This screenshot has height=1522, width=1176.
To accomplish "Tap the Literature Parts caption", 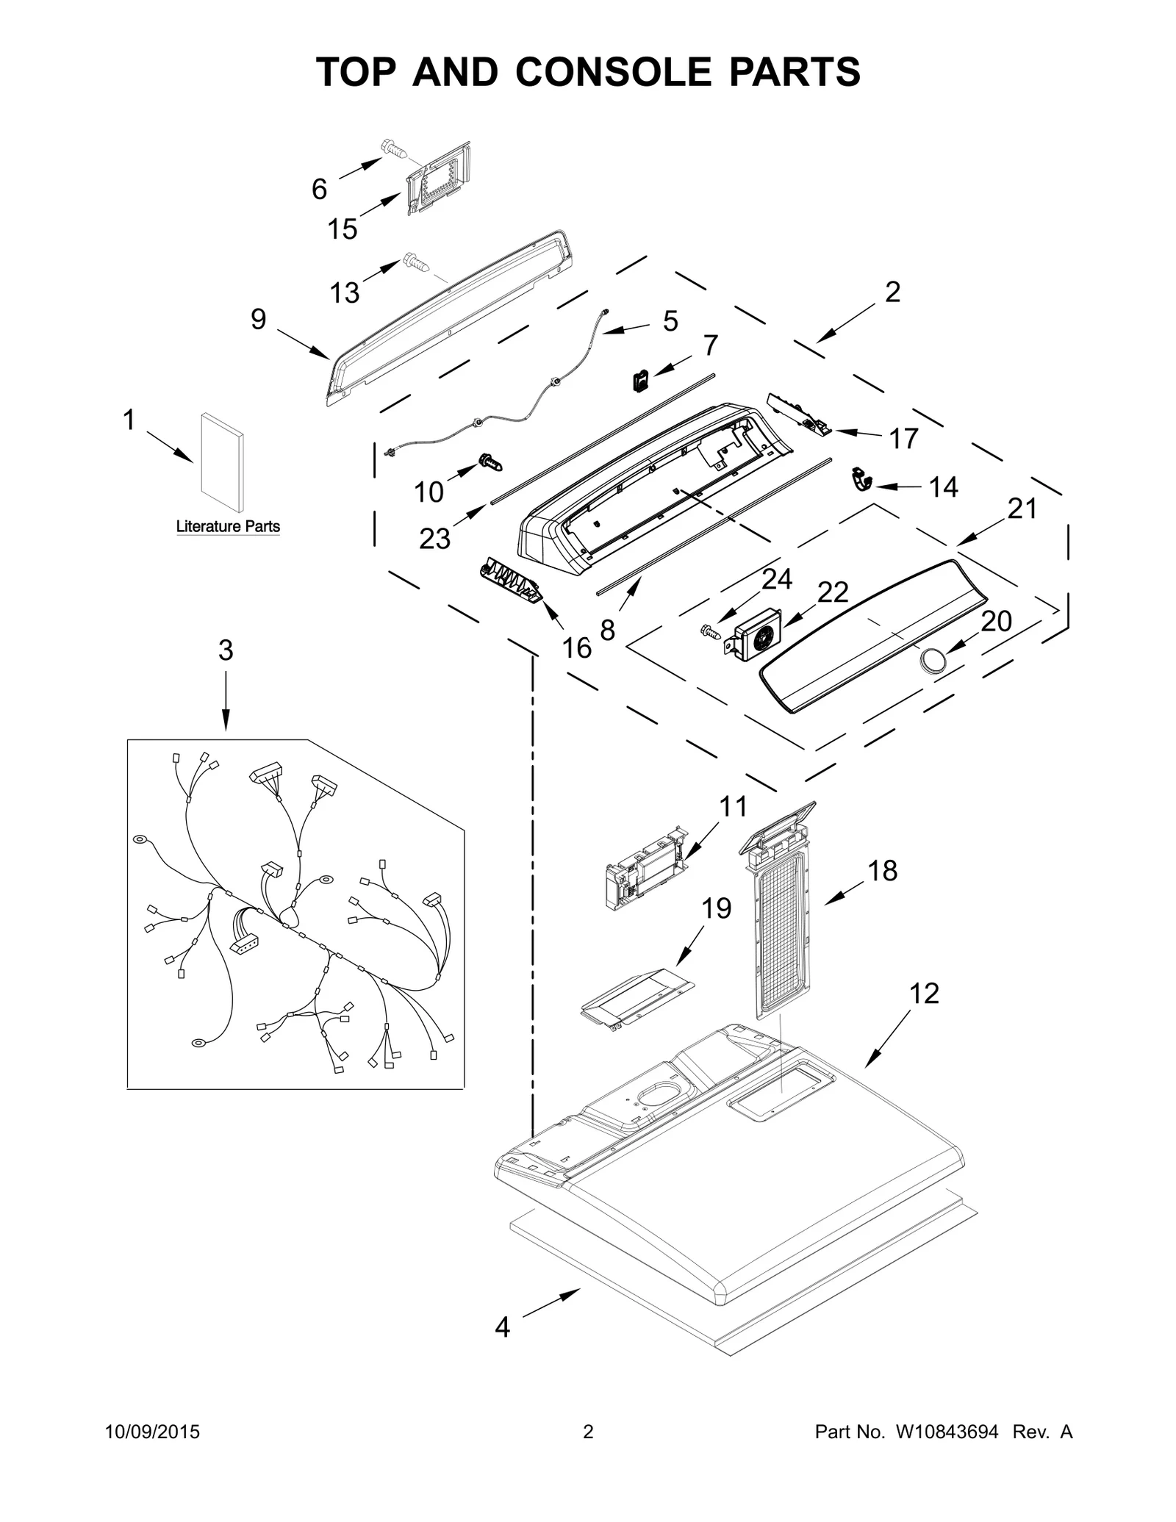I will [x=228, y=526].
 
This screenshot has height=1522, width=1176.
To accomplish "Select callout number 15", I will [x=342, y=229].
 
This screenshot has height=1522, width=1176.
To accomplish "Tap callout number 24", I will [x=776, y=579].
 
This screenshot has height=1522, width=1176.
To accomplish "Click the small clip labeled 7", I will [x=640, y=381].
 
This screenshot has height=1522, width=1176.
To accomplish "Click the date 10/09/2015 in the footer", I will [x=152, y=1453].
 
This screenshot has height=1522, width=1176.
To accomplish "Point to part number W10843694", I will [x=947, y=1453].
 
